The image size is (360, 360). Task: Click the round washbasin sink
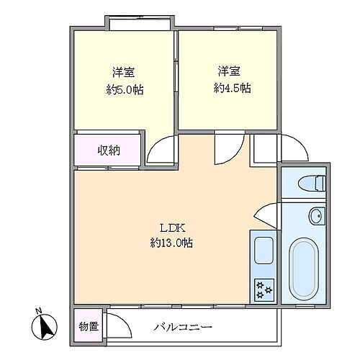[x=315, y=215]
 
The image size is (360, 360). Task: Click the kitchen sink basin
[x=263, y=252]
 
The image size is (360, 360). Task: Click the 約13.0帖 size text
[x=171, y=243]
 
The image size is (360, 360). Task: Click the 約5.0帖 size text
[x=124, y=90]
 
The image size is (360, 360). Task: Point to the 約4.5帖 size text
[x=232, y=89]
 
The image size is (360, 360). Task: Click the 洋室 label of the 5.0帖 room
[x=124, y=72]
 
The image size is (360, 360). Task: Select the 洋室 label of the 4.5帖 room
[x=230, y=71]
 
